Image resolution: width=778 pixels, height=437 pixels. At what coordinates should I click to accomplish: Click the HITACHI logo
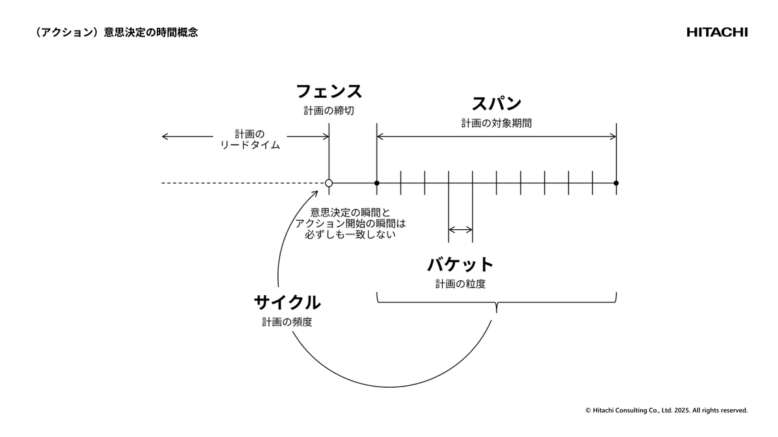pos(717,32)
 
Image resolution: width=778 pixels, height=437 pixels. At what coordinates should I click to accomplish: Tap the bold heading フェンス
pos(329,91)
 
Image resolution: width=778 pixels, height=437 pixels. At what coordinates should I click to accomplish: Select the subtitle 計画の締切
pos(329,111)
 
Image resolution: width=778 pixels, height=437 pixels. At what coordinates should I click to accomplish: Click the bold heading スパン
pos(496,104)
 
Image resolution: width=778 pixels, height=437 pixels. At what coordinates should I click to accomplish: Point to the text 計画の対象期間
pos(496,123)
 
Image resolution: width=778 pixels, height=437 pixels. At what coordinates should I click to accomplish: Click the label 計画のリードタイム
pos(250,139)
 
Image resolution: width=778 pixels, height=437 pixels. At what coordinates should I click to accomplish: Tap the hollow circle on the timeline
pos(329,183)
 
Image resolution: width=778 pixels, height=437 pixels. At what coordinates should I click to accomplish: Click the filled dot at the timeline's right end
pos(616,183)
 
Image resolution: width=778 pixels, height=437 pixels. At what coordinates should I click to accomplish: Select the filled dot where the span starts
pos(377,183)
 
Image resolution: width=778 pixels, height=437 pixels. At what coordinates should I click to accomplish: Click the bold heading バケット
pos(460,264)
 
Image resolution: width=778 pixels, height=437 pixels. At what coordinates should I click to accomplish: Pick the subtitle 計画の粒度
pos(460,284)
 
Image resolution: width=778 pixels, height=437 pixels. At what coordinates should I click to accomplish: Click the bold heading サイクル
pos(287,302)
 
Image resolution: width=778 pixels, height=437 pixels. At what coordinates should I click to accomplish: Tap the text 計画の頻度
pos(287,322)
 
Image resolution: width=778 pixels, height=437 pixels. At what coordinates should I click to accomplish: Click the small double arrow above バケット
pos(460,229)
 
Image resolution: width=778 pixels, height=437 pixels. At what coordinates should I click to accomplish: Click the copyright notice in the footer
pos(666,410)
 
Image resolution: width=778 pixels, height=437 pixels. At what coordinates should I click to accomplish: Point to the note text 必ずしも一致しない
pos(350,235)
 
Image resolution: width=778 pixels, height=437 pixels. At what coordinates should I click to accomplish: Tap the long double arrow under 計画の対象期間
pos(496,137)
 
